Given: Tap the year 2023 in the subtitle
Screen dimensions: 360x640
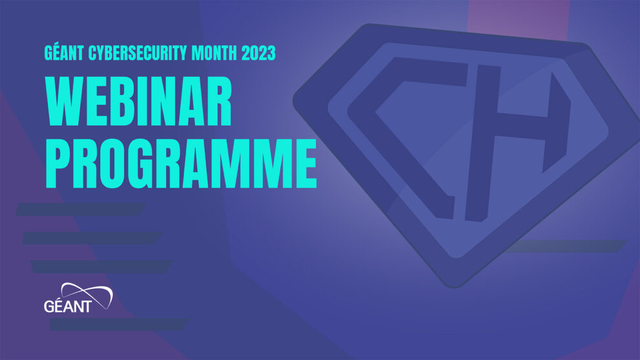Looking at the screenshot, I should [x=259, y=54].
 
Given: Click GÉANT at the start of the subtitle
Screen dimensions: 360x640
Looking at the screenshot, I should [x=66, y=54].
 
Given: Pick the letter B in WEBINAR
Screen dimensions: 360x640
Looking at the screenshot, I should [x=123, y=103].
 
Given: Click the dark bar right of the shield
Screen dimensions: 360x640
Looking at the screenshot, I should [x=569, y=246].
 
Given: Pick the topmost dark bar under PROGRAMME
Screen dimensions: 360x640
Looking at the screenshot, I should [x=81, y=209].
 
